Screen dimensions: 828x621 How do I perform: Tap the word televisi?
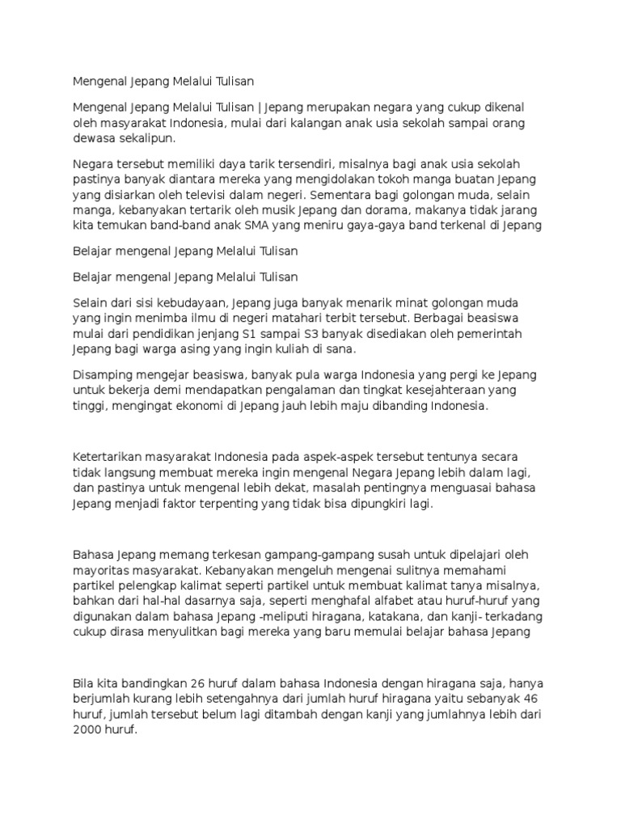pyautogui.click(x=219, y=194)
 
